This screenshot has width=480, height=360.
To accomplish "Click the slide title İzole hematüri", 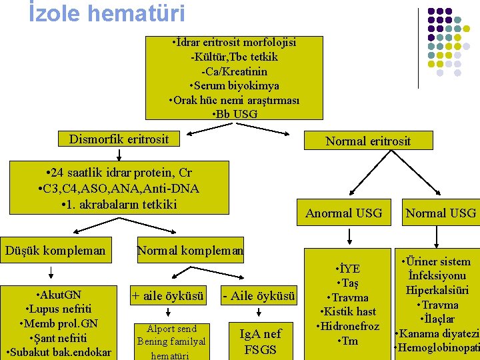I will tap(107, 13).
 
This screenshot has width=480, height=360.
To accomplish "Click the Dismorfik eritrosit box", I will tap(119, 139).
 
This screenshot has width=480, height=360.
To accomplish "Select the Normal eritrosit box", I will tap(368, 141).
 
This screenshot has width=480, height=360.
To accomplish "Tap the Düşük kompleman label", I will tap(55, 251).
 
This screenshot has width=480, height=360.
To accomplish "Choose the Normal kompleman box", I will tap(190, 251).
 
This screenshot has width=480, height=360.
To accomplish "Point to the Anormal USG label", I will tap(344, 213).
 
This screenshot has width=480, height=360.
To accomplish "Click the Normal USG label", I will tap(441, 213).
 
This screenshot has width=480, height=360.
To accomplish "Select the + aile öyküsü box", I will tap(167, 296).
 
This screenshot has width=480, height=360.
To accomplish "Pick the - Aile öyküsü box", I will tap(259, 296).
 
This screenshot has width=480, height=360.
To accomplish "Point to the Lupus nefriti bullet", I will tap(59, 309).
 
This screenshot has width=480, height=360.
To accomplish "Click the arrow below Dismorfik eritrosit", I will tap(119, 154).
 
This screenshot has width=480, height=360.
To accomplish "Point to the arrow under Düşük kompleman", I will tap(51, 272).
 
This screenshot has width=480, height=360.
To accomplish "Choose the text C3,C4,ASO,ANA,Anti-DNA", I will tap(119, 189).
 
